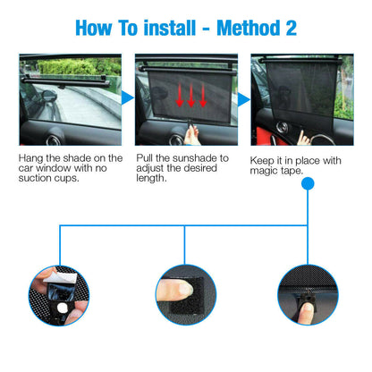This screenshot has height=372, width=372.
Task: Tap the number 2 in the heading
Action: [x=291, y=27]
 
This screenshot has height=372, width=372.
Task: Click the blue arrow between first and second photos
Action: [x=127, y=97]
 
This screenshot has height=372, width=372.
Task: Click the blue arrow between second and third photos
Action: [x=243, y=97]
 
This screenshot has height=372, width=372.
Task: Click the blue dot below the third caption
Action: [x=308, y=184]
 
